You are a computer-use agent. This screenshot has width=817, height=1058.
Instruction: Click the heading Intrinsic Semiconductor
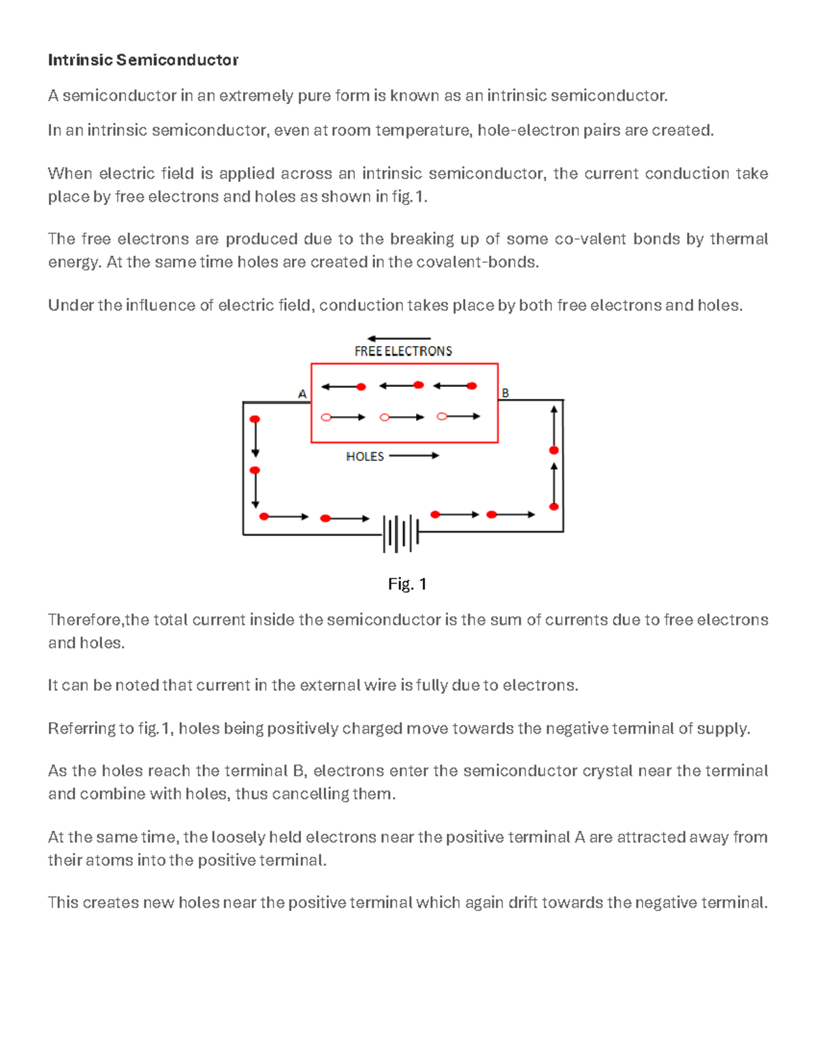coord(143,60)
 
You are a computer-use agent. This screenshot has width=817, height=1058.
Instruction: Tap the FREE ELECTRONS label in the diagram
coord(403,351)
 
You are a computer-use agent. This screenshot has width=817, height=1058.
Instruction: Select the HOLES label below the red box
coord(365,456)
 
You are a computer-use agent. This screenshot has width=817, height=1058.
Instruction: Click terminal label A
coord(302,394)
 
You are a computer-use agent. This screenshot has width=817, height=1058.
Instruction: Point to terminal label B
coord(505,393)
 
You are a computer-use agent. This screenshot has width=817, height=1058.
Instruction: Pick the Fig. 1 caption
coord(407,584)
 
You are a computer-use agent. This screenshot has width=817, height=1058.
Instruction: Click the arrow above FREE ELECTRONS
coord(398,338)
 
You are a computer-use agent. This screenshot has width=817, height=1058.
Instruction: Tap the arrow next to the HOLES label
coord(414,456)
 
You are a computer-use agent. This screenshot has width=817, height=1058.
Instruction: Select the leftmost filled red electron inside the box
coord(362,387)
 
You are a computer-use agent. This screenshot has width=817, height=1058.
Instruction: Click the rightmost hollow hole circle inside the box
coord(442,416)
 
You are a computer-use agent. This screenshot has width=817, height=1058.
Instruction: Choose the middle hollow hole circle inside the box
coord(385,417)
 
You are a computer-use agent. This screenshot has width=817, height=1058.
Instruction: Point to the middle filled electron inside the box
coord(419,385)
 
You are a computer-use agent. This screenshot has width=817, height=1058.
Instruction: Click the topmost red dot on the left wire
coord(255,420)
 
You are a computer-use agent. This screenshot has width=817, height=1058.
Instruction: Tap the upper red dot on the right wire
coord(554,450)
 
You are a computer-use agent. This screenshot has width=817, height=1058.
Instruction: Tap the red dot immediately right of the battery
coord(436,514)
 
